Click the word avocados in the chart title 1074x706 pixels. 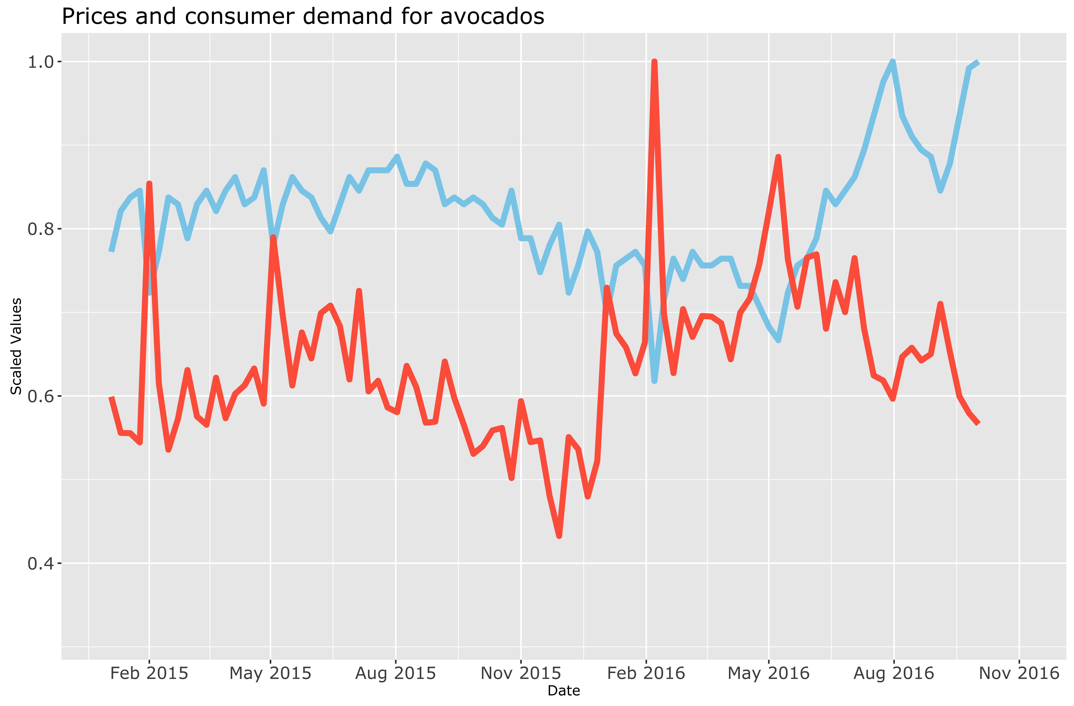(x=492, y=17)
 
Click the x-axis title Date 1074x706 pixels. (x=564, y=691)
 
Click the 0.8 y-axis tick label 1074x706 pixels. (x=41, y=229)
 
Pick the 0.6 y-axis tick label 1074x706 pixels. (x=41, y=396)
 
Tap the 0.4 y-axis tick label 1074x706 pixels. (x=41, y=563)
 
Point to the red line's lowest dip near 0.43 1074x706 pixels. (x=559, y=536)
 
